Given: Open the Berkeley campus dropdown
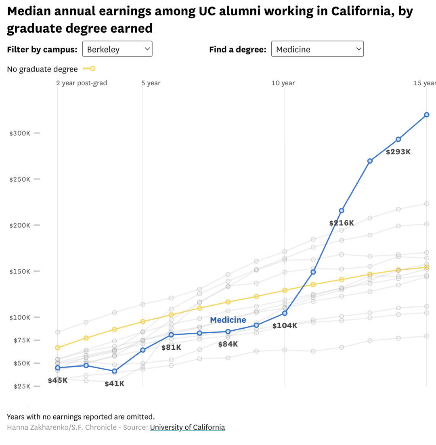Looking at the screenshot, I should pyautogui.click(x=117, y=49).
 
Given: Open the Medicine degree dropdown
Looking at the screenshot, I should pyautogui.click(x=317, y=49).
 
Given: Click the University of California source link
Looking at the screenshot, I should pyautogui.click(x=187, y=427).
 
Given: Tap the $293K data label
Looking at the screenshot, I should pyautogui.click(x=398, y=152).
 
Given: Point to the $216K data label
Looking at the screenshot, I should pyautogui.click(x=341, y=223).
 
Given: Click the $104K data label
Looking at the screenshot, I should pyautogui.click(x=285, y=325).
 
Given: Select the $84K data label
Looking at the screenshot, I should pyautogui.click(x=228, y=344).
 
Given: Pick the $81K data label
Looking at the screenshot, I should pyautogui.click(x=171, y=347).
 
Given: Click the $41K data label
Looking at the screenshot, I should pyautogui.click(x=114, y=384).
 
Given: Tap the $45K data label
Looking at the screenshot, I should pyautogui.click(x=58, y=380).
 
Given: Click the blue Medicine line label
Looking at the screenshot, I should pyautogui.click(x=228, y=320).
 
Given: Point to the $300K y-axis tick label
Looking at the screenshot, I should pyautogui.click(x=20, y=133).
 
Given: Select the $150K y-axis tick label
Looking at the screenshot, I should pyautogui.click(x=20, y=271).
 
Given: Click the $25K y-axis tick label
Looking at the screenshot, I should pyautogui.click(x=20, y=386).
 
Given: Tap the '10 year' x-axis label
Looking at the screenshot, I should pyautogui.click(x=283, y=83).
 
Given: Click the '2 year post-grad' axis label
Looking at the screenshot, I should pyautogui.click(x=82, y=83).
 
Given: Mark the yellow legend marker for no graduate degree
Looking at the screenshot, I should pyautogui.click(x=92, y=69).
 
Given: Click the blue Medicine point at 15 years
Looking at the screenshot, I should pyautogui.click(x=427, y=115).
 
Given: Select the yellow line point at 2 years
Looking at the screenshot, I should pyautogui.click(x=58, y=347).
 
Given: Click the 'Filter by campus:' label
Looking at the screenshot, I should pyautogui.click(x=42, y=50).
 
